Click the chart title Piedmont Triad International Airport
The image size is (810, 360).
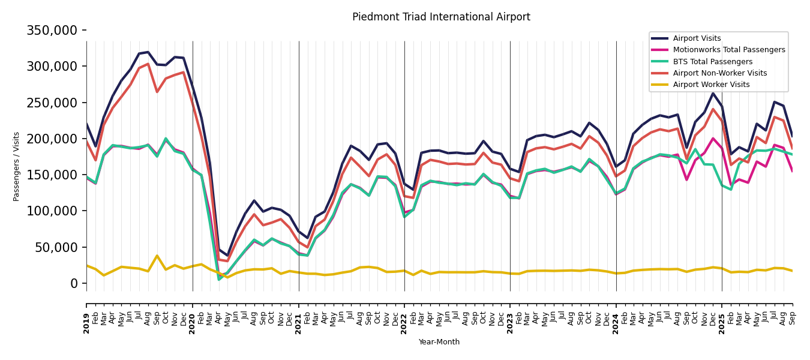[441, 17]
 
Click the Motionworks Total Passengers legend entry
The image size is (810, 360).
[728, 50]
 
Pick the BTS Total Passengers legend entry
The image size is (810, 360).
[712, 62]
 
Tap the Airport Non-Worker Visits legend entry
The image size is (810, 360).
[719, 73]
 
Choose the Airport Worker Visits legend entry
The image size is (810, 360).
[711, 85]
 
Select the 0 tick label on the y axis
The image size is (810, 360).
[74, 283]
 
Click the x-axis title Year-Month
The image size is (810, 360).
[439, 342]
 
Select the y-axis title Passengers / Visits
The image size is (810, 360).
[17, 166]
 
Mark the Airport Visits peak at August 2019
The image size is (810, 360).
[148, 52]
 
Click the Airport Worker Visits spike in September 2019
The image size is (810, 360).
[157, 256]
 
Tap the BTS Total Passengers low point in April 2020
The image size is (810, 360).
[219, 279]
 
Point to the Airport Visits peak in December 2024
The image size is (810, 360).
[713, 93]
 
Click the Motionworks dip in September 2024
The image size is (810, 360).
[686, 179]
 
